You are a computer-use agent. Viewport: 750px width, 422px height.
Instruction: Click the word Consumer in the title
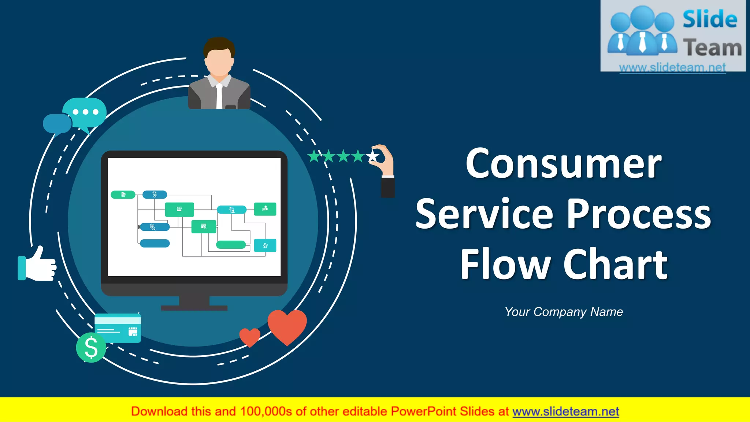[563, 164]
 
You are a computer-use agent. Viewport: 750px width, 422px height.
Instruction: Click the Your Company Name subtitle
[564, 312]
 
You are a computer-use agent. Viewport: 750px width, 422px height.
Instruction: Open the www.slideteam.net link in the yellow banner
[565, 412]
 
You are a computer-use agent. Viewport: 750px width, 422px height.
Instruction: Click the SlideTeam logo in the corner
[673, 36]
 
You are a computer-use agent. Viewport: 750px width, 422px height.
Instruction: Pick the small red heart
[250, 337]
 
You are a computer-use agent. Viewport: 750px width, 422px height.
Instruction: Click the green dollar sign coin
[91, 347]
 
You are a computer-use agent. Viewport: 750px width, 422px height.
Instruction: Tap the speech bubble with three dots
[85, 112]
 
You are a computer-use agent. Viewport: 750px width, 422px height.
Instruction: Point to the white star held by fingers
[373, 157]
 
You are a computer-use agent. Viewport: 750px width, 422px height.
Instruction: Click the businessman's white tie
[219, 97]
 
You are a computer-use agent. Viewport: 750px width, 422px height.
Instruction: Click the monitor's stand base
[194, 308]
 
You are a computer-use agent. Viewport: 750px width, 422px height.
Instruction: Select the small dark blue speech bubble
[57, 123]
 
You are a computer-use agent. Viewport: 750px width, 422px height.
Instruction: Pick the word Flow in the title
[505, 264]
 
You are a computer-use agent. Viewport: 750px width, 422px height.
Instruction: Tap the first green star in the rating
[314, 157]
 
